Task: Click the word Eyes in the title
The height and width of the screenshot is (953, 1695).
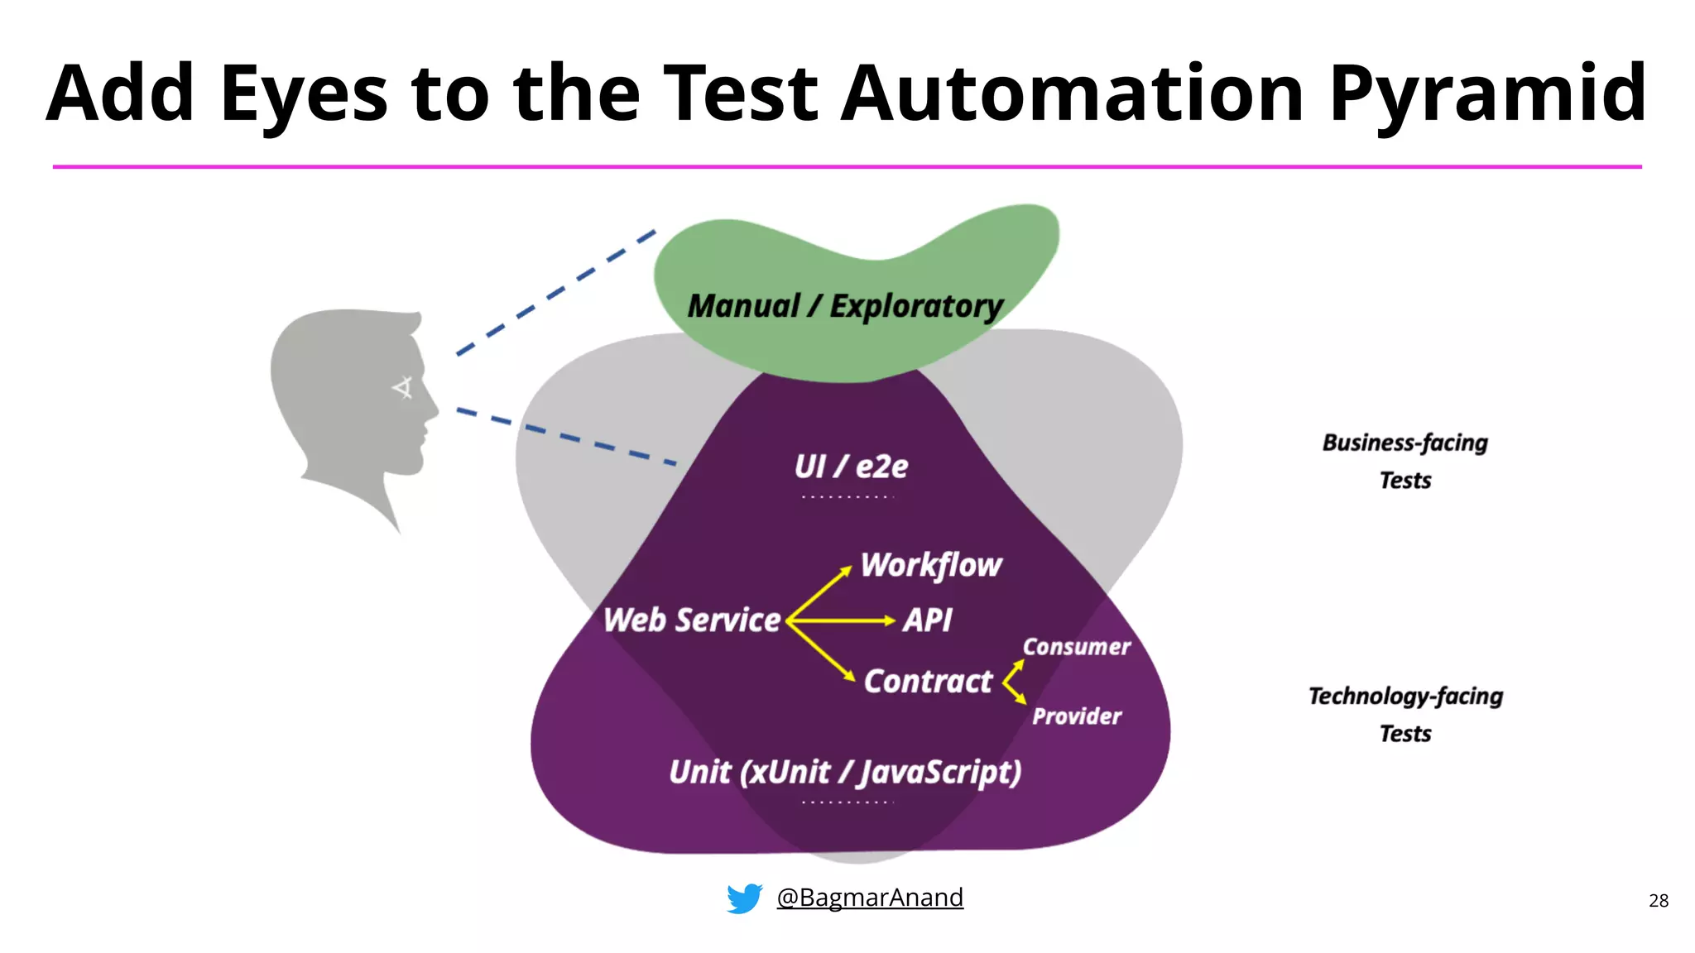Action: coord(303,95)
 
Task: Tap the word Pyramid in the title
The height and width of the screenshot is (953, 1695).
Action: coord(1487,95)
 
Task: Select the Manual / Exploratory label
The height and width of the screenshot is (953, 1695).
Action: coord(845,306)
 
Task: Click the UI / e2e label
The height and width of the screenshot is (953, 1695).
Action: coord(851,467)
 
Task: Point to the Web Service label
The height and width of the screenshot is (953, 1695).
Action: coord(691,620)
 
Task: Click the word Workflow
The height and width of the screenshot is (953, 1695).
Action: coord(931,565)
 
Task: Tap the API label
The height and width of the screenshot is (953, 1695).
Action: coord(927,620)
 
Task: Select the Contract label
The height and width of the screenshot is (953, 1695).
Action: coord(928,681)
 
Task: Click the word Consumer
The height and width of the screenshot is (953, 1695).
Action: coord(1076,647)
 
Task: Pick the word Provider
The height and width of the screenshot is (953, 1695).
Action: coord(1076,716)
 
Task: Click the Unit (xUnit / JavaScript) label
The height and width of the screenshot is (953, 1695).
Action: coord(845,772)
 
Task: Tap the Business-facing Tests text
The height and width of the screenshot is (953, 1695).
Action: coord(1404,461)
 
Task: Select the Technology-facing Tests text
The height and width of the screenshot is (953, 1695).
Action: coord(1404,714)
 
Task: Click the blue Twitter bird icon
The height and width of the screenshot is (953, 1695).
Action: coord(744,898)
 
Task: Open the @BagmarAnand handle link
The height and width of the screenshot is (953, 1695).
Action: coord(869,898)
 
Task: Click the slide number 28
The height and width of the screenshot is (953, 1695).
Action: coord(1658,901)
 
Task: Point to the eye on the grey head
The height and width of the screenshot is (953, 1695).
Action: coord(403,387)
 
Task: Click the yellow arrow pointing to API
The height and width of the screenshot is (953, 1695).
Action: coord(844,620)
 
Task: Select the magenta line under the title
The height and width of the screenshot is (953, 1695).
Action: coord(847,167)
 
